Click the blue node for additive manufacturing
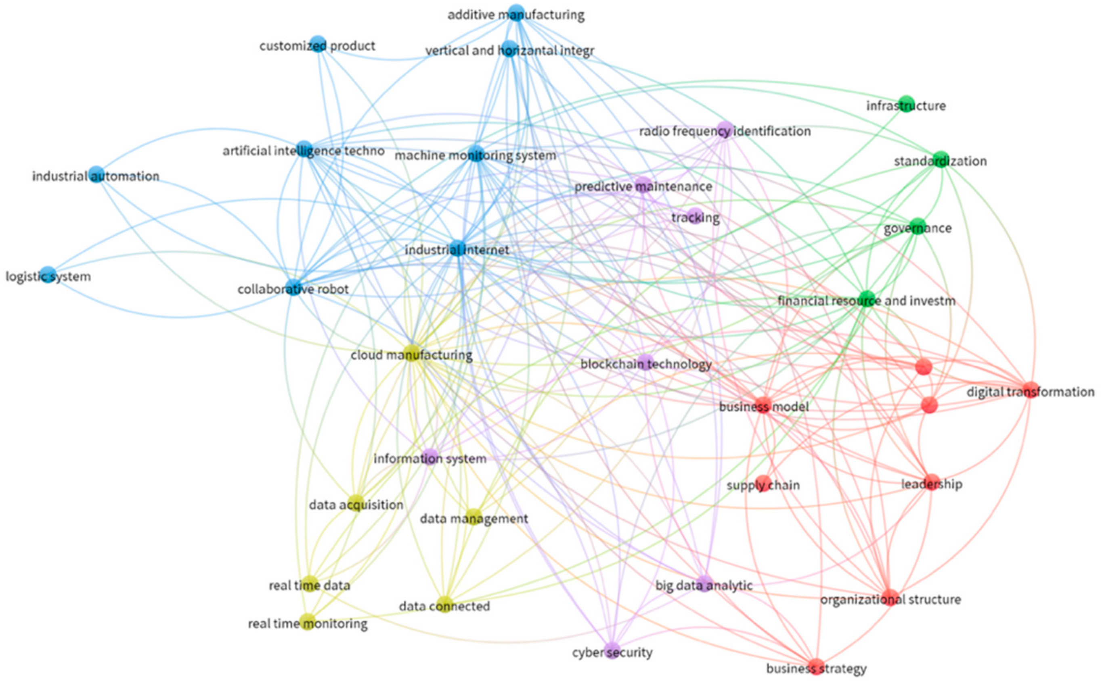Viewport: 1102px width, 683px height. click(x=516, y=13)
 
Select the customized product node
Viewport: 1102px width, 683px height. click(x=318, y=44)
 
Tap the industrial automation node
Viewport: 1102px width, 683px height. click(x=96, y=174)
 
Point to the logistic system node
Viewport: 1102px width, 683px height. click(x=48, y=274)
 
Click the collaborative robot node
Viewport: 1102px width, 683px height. click(x=294, y=287)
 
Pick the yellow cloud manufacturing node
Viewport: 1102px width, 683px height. click(x=411, y=353)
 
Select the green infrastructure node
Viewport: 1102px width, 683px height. click(x=906, y=104)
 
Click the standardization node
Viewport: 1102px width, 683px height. click(x=940, y=159)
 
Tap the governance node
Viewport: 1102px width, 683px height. click(x=917, y=226)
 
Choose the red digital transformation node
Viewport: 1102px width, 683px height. click(x=1030, y=390)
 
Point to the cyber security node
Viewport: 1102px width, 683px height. click(x=612, y=650)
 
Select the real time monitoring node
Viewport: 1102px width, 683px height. click(x=308, y=622)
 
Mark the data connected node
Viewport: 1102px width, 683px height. click(x=444, y=604)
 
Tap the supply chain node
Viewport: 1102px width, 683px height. click(x=763, y=483)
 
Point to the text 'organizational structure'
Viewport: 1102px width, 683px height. click(x=890, y=600)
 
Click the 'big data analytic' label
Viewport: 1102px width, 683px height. click(x=704, y=586)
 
